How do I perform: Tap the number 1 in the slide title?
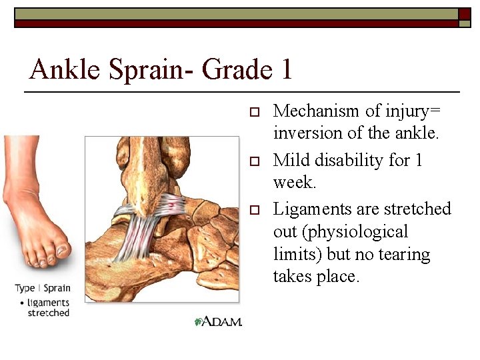click(x=285, y=70)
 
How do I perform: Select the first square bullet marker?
click(x=253, y=112)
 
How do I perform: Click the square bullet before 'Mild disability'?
click(x=253, y=161)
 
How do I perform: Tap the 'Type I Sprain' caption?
click(x=43, y=289)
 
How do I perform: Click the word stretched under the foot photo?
click(x=48, y=313)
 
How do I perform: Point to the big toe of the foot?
click(x=62, y=251)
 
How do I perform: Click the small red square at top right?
click(x=465, y=13)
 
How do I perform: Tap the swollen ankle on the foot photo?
click(x=27, y=200)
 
